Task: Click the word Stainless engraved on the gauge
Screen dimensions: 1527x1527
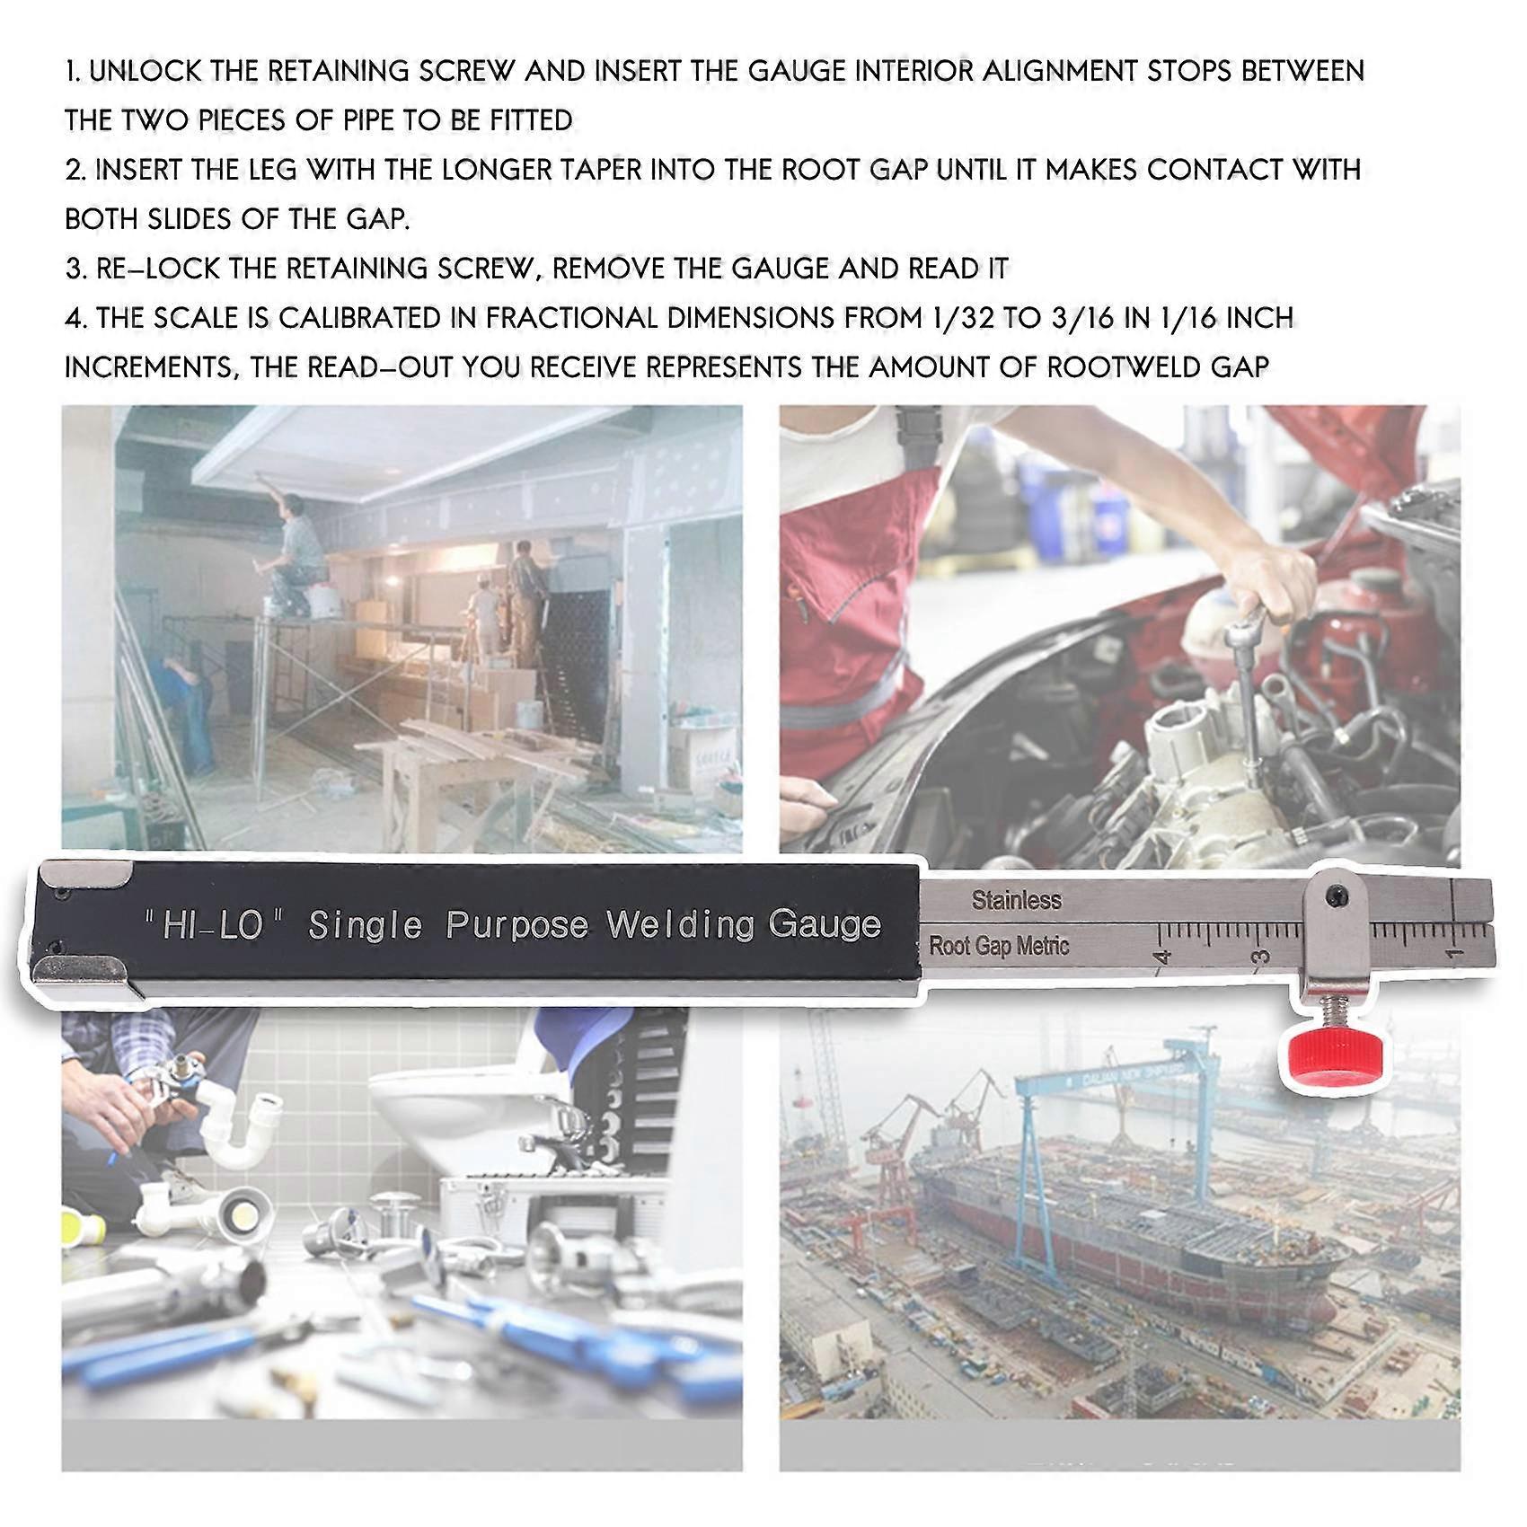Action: click(x=1016, y=900)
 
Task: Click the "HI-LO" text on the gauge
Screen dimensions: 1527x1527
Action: click(x=214, y=926)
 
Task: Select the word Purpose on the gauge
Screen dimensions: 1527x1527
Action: click(x=517, y=925)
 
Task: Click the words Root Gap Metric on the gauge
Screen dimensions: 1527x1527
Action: click(x=999, y=946)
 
